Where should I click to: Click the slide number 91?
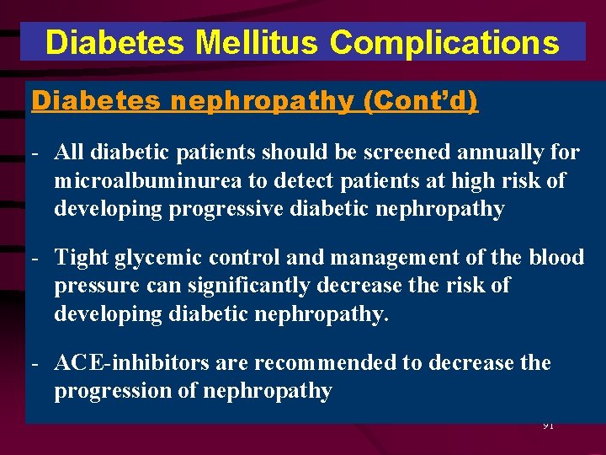pyautogui.click(x=547, y=426)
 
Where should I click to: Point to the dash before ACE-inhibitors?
pyautogui.click(x=35, y=364)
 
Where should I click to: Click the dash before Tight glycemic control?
pyautogui.click(x=35, y=258)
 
